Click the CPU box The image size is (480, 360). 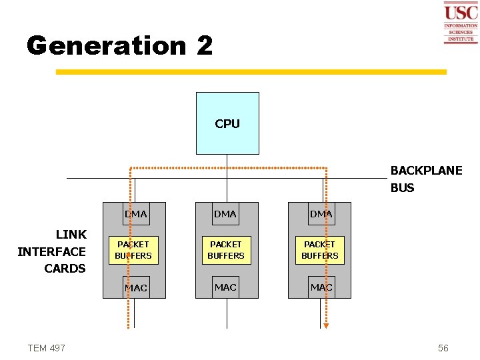(x=227, y=123)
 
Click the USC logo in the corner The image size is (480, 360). (x=461, y=22)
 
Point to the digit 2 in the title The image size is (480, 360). (x=205, y=45)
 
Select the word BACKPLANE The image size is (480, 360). (x=426, y=171)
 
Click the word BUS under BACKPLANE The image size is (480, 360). (x=402, y=188)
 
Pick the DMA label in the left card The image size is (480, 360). (x=136, y=214)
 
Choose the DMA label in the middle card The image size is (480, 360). (x=225, y=214)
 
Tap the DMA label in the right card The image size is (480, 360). (x=321, y=214)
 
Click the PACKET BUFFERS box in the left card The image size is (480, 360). (x=133, y=250)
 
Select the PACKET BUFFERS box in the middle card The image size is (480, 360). (x=226, y=250)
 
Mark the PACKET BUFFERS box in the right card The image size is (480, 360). (x=320, y=250)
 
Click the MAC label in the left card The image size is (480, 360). (x=136, y=288)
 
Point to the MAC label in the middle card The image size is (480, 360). (x=225, y=287)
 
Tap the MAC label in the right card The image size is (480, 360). (x=321, y=287)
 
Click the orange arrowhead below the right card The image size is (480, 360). (x=326, y=325)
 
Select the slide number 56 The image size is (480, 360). (x=443, y=348)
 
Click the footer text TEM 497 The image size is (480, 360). (x=47, y=348)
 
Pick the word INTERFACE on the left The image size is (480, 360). (x=51, y=251)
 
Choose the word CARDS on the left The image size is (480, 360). (x=65, y=269)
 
